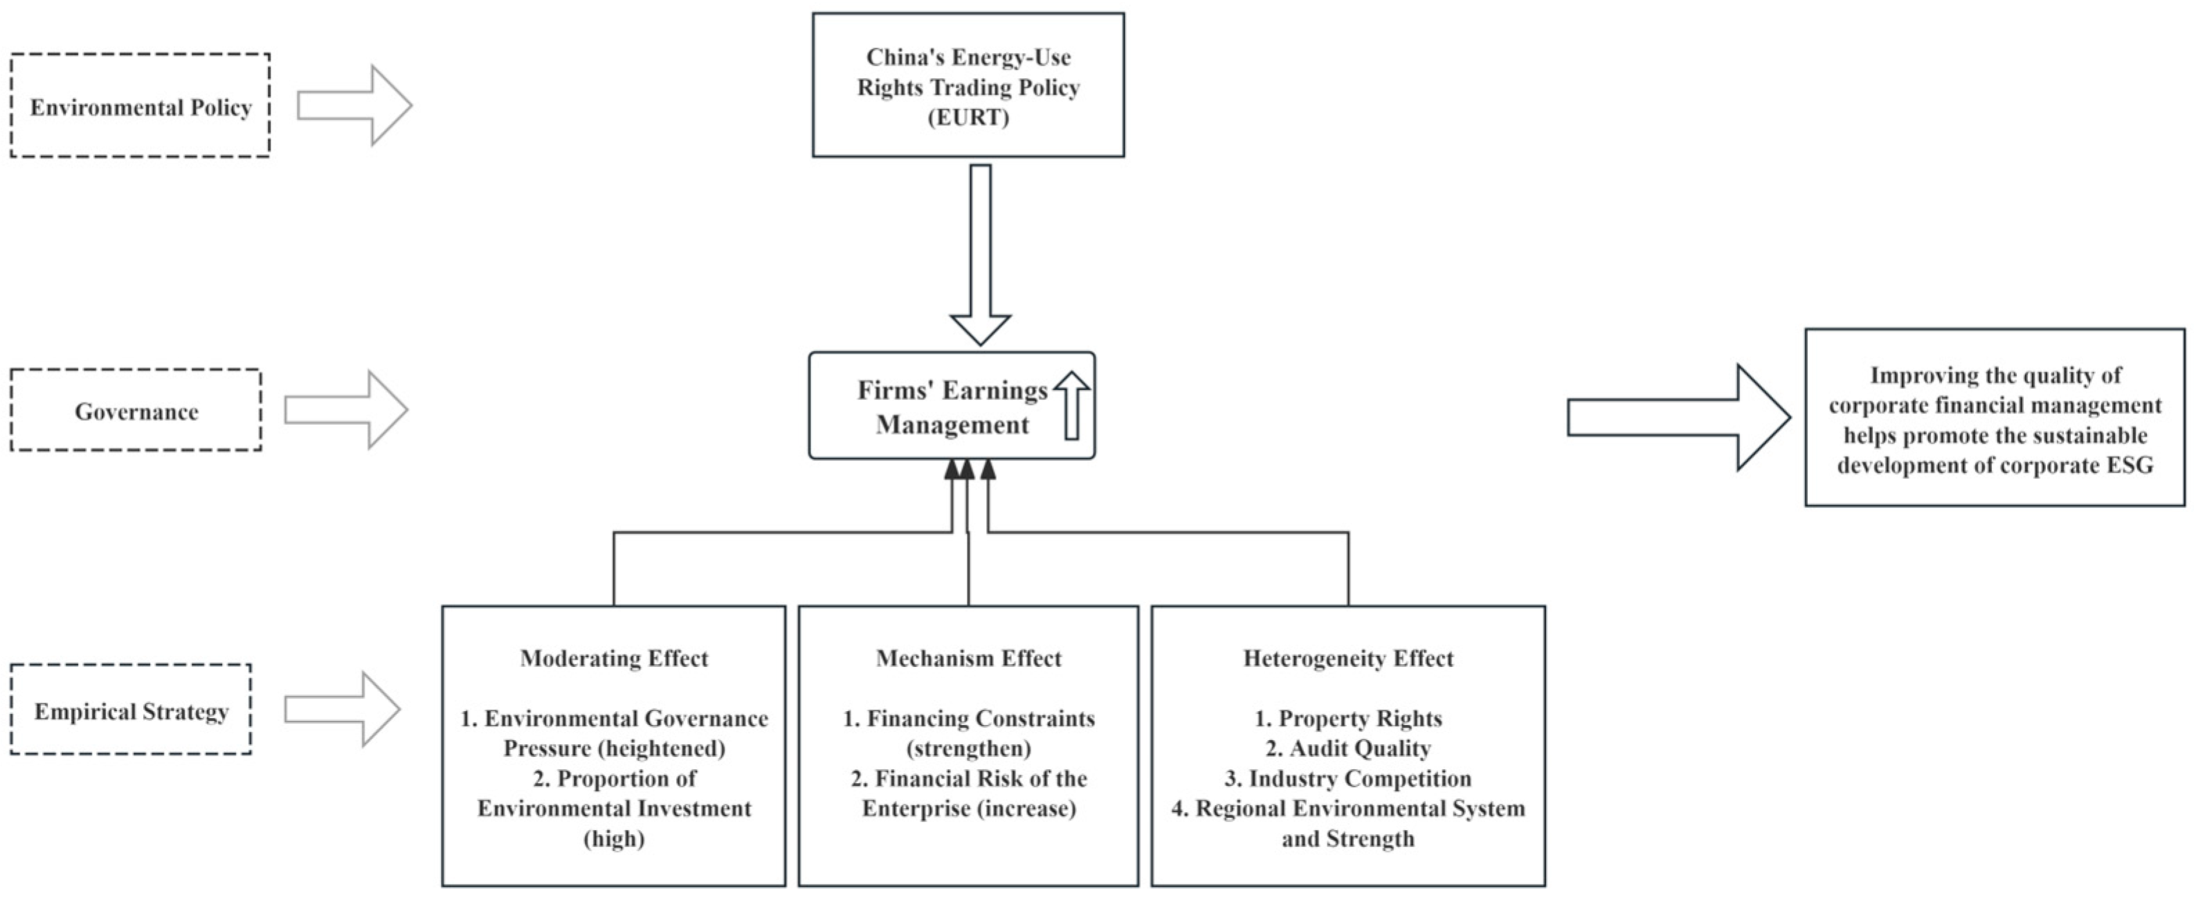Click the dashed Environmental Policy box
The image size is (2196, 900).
(140, 107)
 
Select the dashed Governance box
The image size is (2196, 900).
(136, 411)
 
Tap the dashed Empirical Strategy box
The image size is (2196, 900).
(131, 710)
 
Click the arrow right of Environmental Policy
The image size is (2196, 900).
(354, 106)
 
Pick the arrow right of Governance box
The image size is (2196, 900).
(345, 410)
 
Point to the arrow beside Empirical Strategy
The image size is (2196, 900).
(341, 709)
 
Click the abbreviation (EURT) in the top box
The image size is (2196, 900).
(968, 117)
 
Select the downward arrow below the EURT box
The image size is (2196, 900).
(981, 256)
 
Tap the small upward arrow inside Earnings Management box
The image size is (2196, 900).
(1071, 405)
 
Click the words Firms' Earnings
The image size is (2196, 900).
(952, 390)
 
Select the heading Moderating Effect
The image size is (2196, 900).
(614, 658)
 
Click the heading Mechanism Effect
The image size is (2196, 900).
(968, 658)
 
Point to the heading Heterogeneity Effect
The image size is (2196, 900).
(1347, 658)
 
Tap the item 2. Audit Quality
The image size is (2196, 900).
(1347, 749)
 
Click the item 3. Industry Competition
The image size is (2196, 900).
(1347, 778)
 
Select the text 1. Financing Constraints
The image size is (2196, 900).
(968, 719)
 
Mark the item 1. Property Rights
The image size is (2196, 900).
(1347, 719)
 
